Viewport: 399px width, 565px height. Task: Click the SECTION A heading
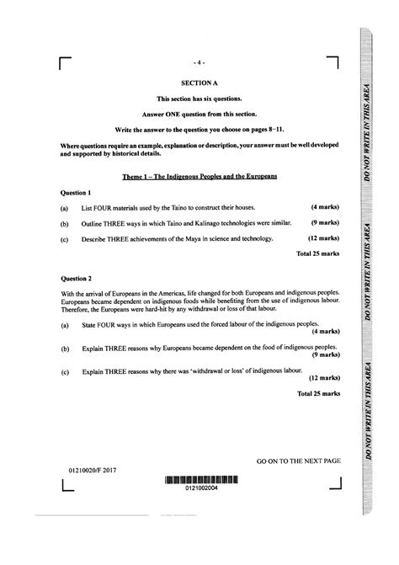[199, 83]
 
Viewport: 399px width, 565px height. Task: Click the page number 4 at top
[199, 62]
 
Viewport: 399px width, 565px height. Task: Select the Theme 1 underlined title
[199, 177]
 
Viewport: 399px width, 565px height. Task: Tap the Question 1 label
[77, 193]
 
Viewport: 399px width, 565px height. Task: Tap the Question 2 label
[77, 276]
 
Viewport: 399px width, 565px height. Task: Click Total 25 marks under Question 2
[317, 393]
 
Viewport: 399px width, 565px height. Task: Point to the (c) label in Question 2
[65, 370]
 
